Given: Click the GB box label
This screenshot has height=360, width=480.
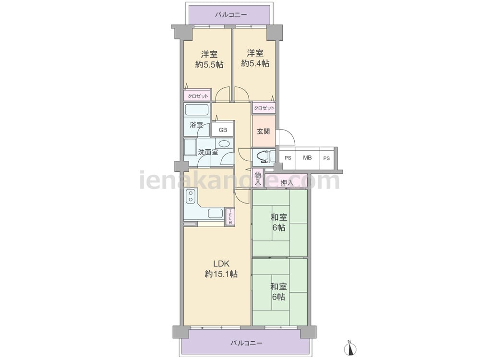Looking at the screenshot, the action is click(x=223, y=130).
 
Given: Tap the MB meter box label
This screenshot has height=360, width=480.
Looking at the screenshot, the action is click(x=307, y=157).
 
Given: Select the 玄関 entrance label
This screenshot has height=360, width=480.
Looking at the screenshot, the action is click(x=263, y=132).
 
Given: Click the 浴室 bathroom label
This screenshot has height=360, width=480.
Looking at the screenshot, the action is click(x=196, y=125).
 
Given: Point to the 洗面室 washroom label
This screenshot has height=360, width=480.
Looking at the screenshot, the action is click(x=208, y=152).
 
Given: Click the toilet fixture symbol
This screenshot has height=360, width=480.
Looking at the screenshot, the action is click(x=263, y=156).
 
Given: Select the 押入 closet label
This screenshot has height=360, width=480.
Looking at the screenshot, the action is click(x=287, y=183).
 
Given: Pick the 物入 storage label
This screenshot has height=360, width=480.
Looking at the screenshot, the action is click(x=258, y=179).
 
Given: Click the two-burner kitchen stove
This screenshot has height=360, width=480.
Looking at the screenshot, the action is click(x=191, y=196).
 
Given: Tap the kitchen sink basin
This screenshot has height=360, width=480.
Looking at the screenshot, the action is click(x=216, y=214).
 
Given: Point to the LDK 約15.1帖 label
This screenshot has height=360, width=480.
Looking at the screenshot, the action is click(x=221, y=269).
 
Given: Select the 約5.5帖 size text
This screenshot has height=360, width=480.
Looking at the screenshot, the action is click(x=209, y=65).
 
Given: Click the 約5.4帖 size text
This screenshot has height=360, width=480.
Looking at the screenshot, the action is click(x=255, y=63).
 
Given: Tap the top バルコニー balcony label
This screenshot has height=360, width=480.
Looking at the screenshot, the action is click(x=231, y=14).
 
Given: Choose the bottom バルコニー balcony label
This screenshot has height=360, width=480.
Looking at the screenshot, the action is click(x=246, y=343).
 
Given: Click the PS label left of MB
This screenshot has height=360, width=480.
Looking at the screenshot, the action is click(x=288, y=158).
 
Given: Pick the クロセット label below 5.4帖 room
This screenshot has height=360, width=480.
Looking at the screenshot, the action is click(x=264, y=108).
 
